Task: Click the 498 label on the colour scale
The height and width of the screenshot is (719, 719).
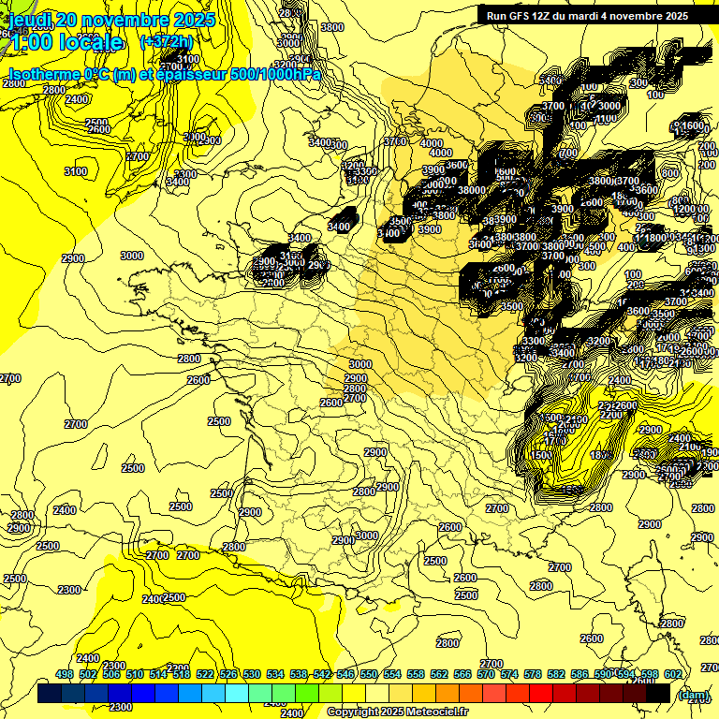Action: [65, 674]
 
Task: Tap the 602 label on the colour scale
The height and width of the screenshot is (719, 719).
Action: [672, 674]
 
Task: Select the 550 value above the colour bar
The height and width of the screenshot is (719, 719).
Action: [369, 674]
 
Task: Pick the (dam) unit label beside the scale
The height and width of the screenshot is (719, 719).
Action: [694, 696]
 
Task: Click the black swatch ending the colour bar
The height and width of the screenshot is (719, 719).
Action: [658, 693]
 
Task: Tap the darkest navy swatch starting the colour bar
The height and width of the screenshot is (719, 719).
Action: [49, 693]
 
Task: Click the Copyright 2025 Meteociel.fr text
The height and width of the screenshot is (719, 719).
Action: [397, 712]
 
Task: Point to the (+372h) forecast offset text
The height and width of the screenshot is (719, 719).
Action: [166, 42]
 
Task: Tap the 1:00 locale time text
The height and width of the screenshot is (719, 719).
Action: [65, 42]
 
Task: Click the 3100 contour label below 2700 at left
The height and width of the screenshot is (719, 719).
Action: [76, 171]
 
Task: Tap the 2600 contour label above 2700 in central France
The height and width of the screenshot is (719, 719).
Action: [331, 402]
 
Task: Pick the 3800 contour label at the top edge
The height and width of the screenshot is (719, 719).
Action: [331, 28]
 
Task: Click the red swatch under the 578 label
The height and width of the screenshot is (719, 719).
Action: [541, 693]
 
